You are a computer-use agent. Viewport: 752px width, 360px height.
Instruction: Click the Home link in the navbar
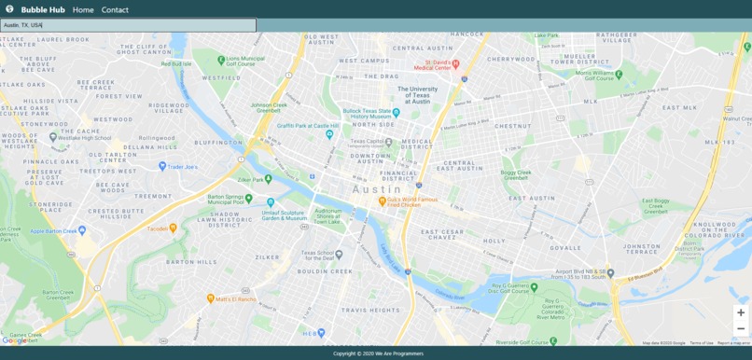[x=83, y=9]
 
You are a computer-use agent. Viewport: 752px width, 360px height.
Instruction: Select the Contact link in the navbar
[x=115, y=9]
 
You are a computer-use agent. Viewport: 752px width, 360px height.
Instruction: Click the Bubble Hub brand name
[x=43, y=9]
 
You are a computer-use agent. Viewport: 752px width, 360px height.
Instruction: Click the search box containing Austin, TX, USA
[x=128, y=25]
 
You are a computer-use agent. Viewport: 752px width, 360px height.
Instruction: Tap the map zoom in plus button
[x=740, y=312]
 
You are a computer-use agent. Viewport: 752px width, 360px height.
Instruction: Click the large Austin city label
[x=377, y=189]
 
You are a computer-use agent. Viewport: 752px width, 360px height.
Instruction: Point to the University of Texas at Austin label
[x=417, y=95]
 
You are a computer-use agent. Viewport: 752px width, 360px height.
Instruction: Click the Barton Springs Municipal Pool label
[x=226, y=199]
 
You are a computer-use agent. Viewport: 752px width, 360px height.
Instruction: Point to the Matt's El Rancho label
[x=235, y=299]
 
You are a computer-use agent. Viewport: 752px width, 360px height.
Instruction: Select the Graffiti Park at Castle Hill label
[x=307, y=125]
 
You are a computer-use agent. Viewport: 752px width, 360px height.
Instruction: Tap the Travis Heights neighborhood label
[x=370, y=310]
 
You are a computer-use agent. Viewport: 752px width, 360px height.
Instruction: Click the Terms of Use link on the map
[x=702, y=343]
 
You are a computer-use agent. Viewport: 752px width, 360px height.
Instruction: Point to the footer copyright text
[x=378, y=353]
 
